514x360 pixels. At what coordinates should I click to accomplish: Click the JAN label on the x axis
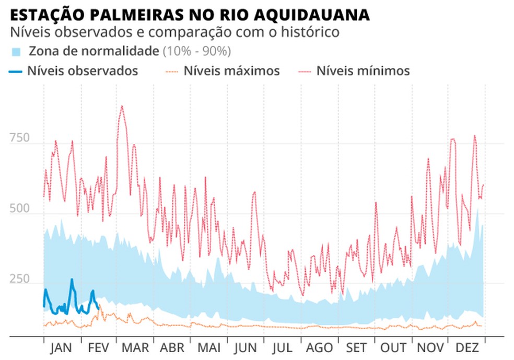click(62, 349)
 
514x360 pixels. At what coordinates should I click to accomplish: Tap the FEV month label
click(99, 349)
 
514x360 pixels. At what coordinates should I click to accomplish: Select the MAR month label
click(135, 349)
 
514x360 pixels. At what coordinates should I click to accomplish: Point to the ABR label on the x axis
click(172, 349)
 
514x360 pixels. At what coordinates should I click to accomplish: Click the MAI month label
click(209, 349)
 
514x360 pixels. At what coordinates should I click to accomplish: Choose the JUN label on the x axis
click(246, 349)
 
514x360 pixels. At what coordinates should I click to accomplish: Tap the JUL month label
click(282, 349)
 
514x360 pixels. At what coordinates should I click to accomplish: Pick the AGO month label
click(319, 349)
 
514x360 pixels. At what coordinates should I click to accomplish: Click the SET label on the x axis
click(356, 349)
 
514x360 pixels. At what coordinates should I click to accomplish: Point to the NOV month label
click(430, 349)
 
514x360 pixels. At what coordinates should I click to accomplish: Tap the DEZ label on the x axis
click(467, 349)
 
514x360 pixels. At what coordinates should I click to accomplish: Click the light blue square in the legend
click(16, 52)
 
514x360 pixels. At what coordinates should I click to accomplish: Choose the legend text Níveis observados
click(83, 71)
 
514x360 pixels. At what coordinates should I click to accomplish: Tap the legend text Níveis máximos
click(231, 71)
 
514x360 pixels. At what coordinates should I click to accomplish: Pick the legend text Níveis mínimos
click(363, 71)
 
